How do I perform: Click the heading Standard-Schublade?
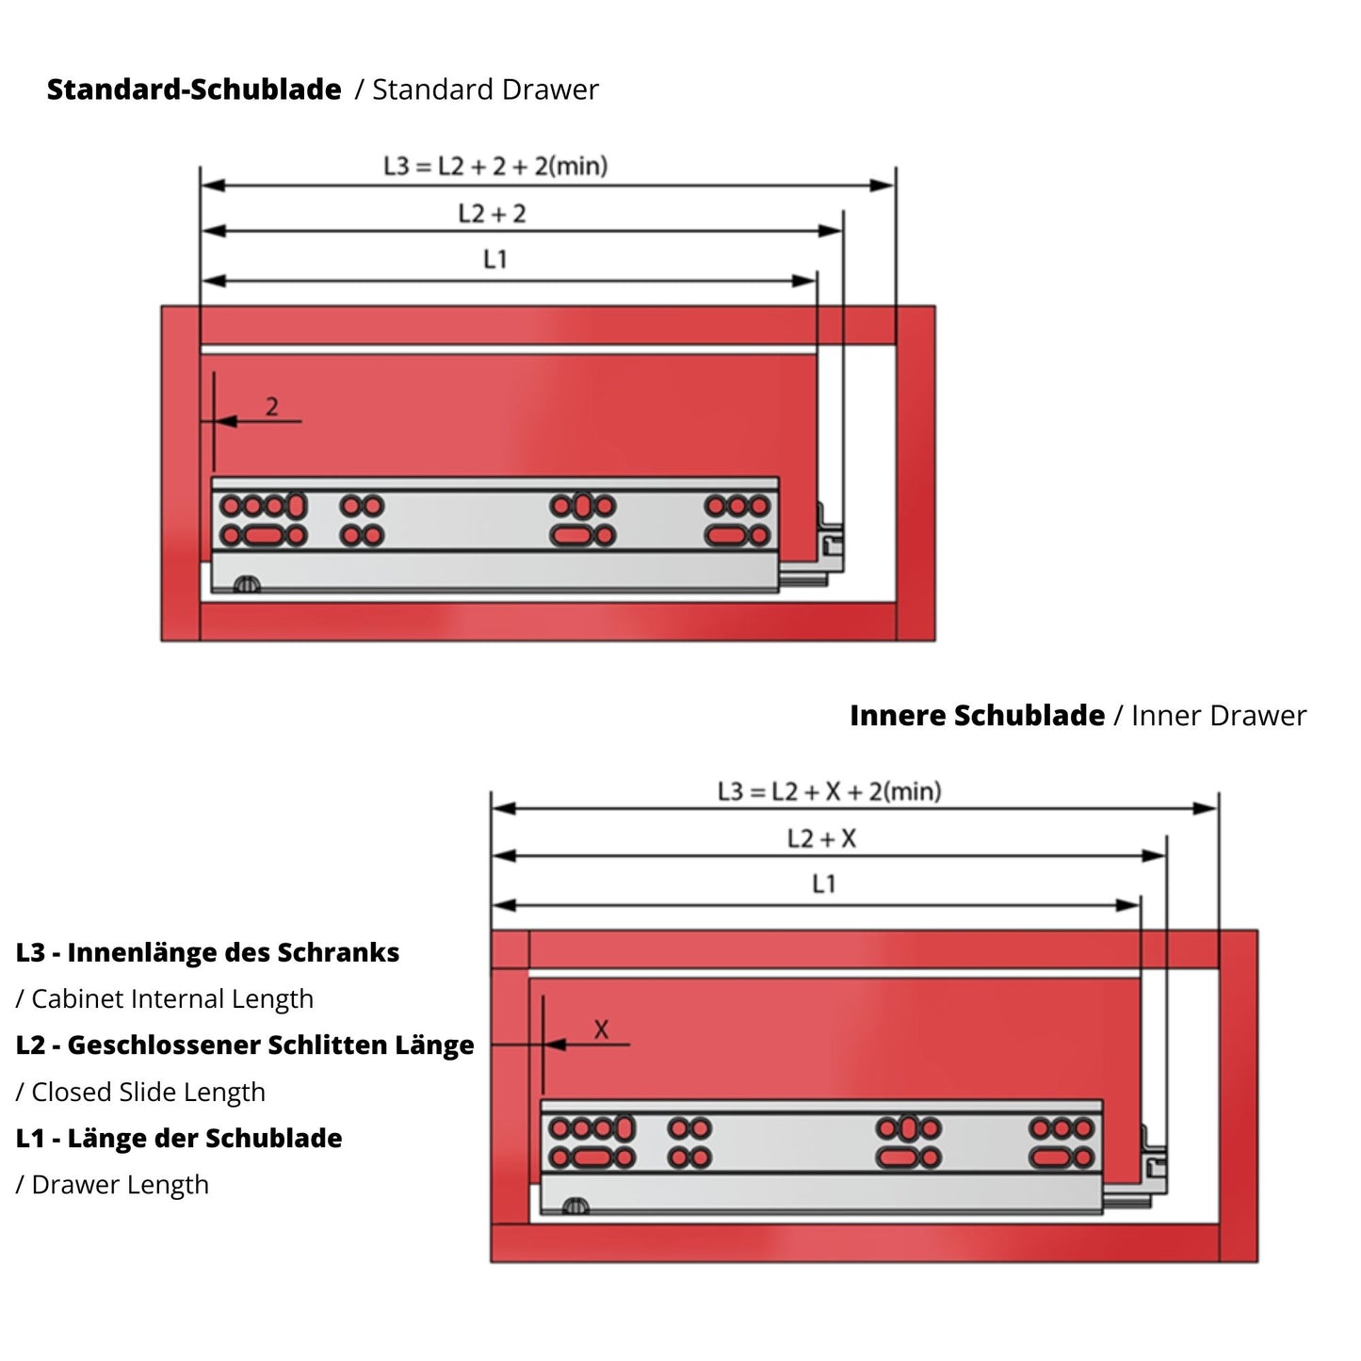click(194, 89)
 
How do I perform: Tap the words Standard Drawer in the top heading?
click(485, 89)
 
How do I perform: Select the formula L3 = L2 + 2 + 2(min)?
click(495, 166)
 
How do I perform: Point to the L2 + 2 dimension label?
click(492, 214)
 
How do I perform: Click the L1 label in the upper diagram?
click(494, 259)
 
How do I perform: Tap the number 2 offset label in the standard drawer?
click(271, 407)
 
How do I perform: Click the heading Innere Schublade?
click(977, 715)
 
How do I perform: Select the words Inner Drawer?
click(1219, 716)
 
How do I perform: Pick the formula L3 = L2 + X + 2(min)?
click(829, 791)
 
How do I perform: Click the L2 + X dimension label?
click(822, 838)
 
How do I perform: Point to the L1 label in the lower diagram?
click(823, 883)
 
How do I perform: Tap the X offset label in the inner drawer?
click(601, 1030)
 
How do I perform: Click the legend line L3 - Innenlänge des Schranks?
click(207, 952)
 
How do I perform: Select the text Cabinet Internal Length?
click(171, 999)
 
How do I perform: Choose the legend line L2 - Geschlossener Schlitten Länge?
click(245, 1045)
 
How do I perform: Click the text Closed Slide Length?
click(148, 1093)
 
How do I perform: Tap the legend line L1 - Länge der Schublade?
click(179, 1138)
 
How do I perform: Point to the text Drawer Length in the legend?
click(120, 1185)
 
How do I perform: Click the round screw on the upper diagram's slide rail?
click(246, 585)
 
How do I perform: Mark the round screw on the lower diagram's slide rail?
click(575, 1207)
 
